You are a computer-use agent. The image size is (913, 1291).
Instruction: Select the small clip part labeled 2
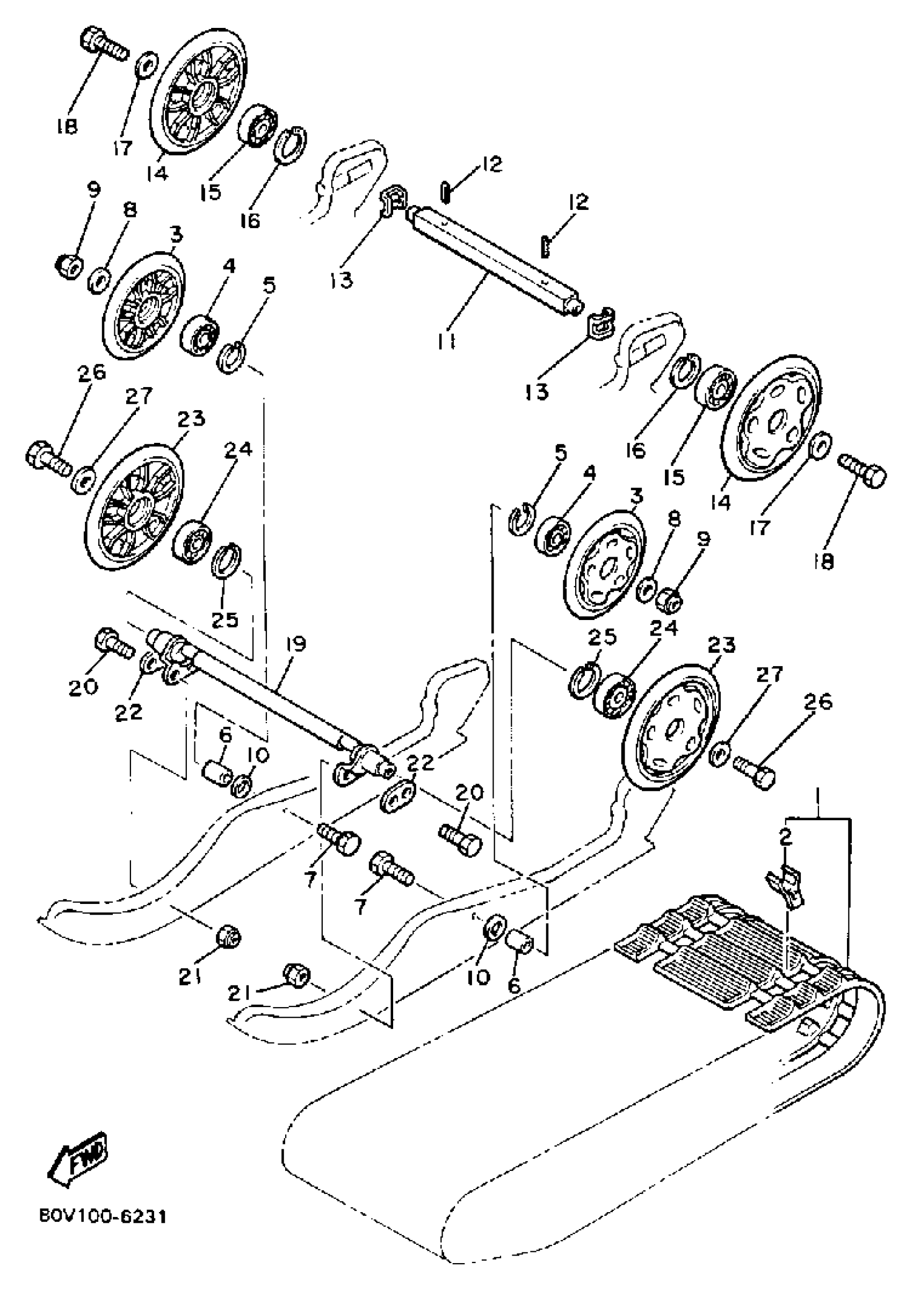(786, 888)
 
